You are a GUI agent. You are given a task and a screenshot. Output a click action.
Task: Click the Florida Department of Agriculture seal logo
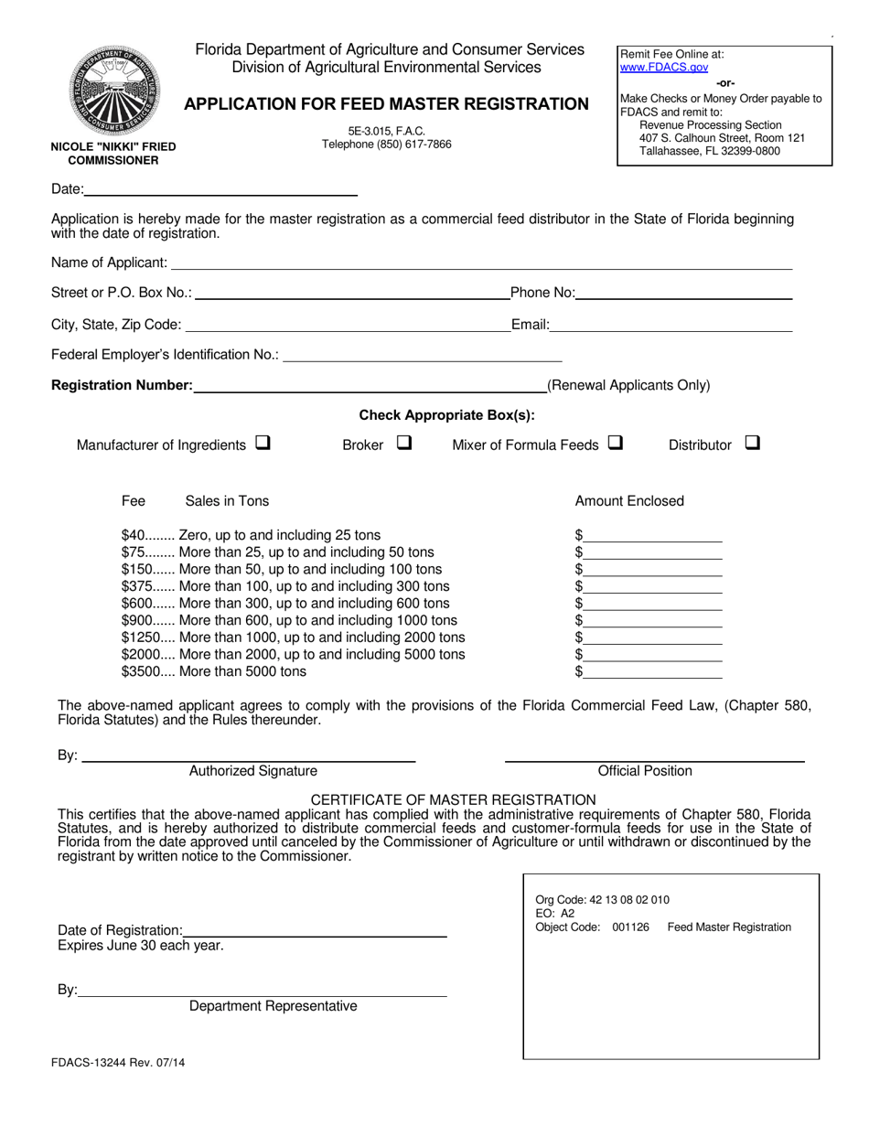click(113, 91)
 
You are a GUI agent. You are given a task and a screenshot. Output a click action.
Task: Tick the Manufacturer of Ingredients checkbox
click(263, 444)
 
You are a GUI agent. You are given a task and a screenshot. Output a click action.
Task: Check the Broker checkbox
click(404, 444)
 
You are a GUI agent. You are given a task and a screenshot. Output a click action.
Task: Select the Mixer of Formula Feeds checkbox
click(615, 444)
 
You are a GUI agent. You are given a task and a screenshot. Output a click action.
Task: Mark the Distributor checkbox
click(752, 444)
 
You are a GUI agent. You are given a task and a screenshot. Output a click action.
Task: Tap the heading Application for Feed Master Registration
click(386, 104)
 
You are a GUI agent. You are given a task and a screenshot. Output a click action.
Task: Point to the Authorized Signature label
click(253, 771)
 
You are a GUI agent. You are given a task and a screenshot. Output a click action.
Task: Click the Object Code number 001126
click(630, 927)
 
